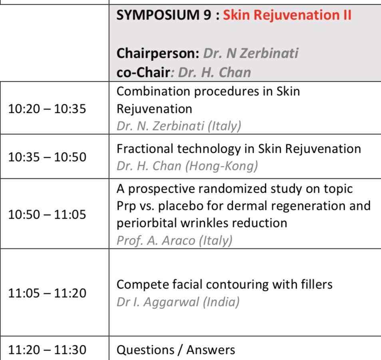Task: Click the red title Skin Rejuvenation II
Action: coord(287,15)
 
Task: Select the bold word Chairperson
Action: coord(158,53)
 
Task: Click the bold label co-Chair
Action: coord(143,72)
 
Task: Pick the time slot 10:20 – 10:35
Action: coord(47,109)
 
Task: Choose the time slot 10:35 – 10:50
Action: coord(47,157)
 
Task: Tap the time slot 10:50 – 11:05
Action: coord(47,215)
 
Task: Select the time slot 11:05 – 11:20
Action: coord(47,293)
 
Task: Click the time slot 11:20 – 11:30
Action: coord(47,350)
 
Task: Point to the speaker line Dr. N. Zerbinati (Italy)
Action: coord(179,126)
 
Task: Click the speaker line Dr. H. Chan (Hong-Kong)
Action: coord(187,166)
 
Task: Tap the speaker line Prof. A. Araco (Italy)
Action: coord(175,241)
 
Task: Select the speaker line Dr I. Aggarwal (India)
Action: coord(178,302)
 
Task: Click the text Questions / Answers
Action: coord(176,350)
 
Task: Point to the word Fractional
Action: coord(145,148)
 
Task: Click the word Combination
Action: coord(154,91)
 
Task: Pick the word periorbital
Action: coord(147,223)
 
